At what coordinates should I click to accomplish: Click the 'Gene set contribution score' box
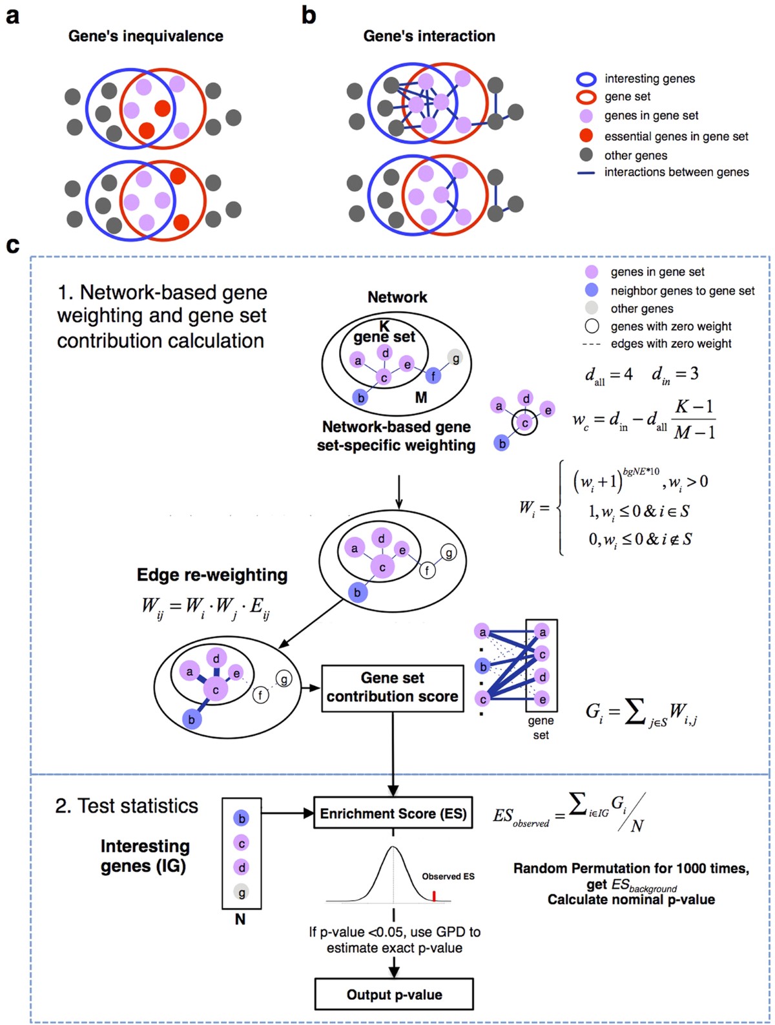(x=392, y=688)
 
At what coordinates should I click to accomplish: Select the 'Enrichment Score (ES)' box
(x=393, y=814)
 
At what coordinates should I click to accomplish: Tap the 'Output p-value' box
(x=394, y=995)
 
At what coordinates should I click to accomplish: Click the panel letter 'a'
(x=12, y=16)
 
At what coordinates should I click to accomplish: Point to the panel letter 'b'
(x=309, y=15)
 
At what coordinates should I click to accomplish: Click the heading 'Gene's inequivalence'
(x=146, y=36)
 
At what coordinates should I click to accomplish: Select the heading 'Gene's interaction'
(x=429, y=36)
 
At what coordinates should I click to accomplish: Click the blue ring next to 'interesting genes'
(x=586, y=79)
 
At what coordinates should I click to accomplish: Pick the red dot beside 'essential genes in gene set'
(x=586, y=136)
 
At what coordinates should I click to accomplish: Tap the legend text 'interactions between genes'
(x=676, y=172)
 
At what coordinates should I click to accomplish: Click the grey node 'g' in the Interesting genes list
(x=242, y=893)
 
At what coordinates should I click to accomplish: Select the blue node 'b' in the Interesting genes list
(x=242, y=818)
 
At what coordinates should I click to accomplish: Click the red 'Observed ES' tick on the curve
(x=434, y=896)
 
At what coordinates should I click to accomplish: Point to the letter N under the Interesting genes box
(x=240, y=919)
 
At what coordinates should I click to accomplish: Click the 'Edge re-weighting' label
(x=212, y=575)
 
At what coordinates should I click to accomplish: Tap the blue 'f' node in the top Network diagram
(x=433, y=375)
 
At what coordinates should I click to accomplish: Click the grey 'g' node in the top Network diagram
(x=456, y=358)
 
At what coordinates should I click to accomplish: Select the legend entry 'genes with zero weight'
(x=670, y=326)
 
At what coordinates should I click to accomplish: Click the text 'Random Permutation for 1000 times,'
(x=631, y=869)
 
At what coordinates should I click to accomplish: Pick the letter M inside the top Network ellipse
(x=421, y=398)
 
